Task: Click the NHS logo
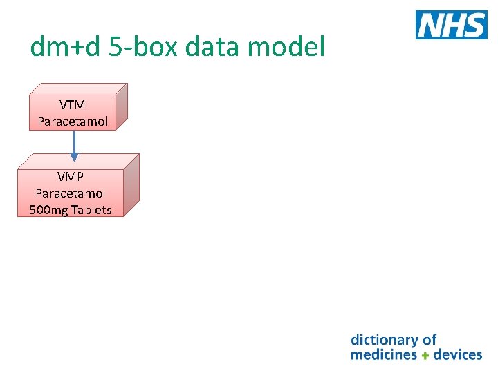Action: click(451, 25)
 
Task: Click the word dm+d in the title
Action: click(64, 47)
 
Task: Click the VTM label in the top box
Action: click(73, 105)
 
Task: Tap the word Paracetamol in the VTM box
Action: click(73, 122)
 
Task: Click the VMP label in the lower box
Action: click(71, 177)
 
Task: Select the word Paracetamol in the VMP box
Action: click(71, 193)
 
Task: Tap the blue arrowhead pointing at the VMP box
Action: click(75, 157)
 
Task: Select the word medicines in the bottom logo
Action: click(384, 355)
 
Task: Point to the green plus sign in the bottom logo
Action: click(425, 356)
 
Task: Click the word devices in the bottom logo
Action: click(458, 355)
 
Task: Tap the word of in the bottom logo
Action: click(430, 340)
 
